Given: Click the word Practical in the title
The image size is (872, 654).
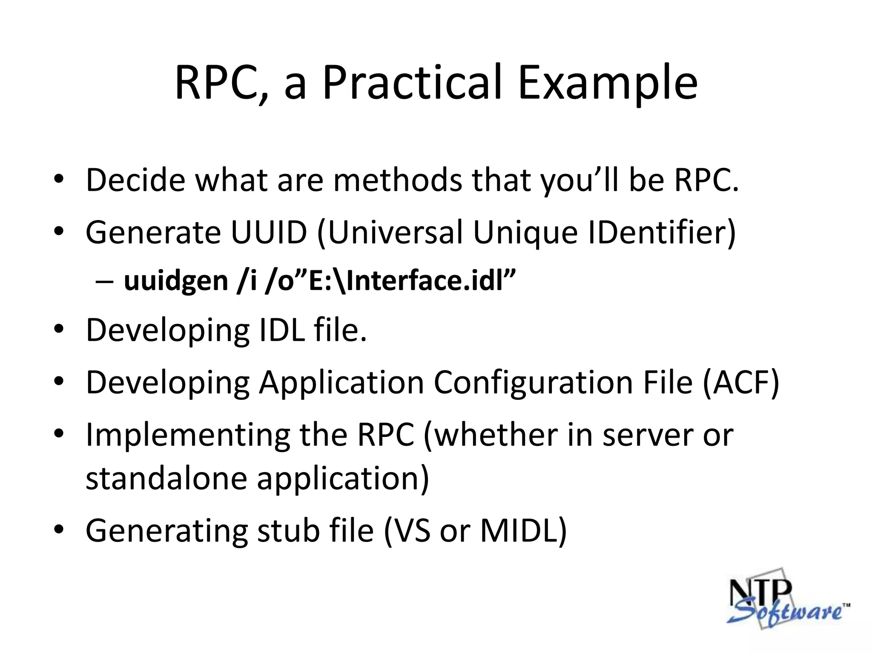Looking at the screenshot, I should tap(413, 83).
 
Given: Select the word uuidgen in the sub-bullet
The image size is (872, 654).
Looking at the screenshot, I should tap(176, 281).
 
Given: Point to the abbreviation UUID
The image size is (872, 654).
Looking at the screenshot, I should tap(269, 232).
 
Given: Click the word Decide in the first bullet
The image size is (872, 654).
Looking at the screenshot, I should tap(135, 180).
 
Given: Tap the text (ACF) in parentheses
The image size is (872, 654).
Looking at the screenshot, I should tap(741, 382).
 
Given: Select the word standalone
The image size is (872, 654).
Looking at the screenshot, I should tap(166, 478).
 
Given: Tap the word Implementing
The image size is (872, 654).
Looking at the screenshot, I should tap(187, 435).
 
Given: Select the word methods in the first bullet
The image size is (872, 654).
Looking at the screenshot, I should tap(397, 180).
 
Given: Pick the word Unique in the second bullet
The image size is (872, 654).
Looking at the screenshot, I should tap(525, 232).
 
